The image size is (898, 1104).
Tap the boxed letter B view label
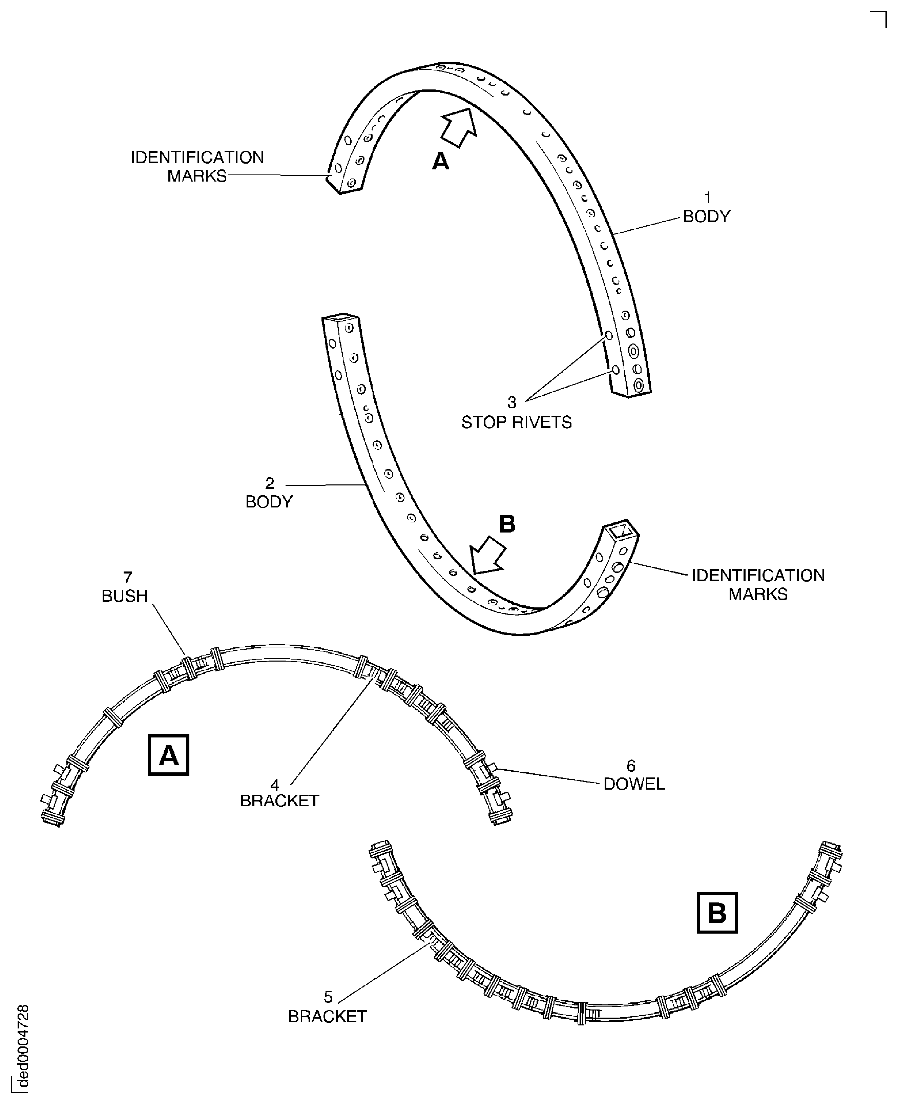pos(717,913)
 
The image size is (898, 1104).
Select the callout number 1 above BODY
pos(708,197)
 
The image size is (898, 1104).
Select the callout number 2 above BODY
pos(270,483)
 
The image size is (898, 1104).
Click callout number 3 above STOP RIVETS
pos(511,402)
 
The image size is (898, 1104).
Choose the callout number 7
pos(127,577)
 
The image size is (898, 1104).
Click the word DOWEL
pos(634,784)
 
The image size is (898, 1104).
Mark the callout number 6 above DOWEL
pos(631,765)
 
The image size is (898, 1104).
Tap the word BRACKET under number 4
pos(279,800)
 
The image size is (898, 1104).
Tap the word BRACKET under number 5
pos(328,1017)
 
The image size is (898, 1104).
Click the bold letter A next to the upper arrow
pos(440,161)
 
